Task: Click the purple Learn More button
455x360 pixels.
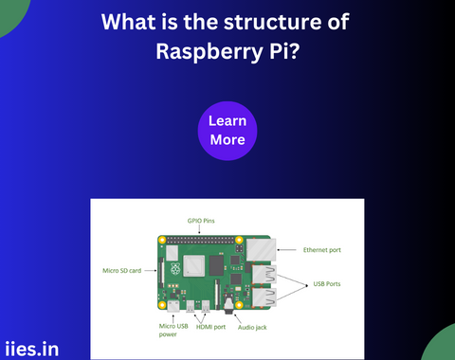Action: (x=227, y=131)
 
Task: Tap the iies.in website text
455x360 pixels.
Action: (x=31, y=348)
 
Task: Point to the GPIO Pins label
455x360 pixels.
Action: (x=202, y=220)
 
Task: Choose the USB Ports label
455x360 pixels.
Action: (x=331, y=282)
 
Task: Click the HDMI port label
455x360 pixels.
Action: (x=211, y=325)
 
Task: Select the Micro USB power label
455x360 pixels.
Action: (x=173, y=330)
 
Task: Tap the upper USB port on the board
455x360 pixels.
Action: (x=261, y=274)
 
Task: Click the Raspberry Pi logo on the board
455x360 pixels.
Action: (x=173, y=253)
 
